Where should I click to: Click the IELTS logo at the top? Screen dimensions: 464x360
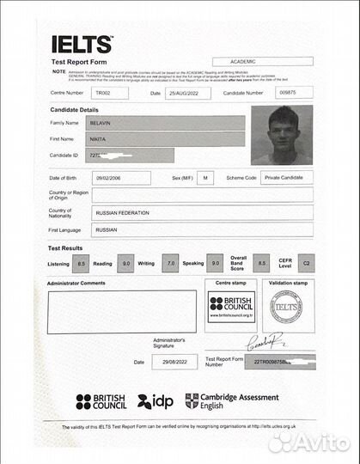tap(82, 44)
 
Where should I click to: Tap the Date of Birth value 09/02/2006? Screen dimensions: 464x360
tap(121, 178)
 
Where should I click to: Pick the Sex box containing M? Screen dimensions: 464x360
tap(205, 178)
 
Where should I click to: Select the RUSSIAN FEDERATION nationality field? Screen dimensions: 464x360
tap(191, 213)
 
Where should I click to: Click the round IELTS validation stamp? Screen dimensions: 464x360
tap(287, 307)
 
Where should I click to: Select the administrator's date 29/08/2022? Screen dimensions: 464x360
tap(168, 363)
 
